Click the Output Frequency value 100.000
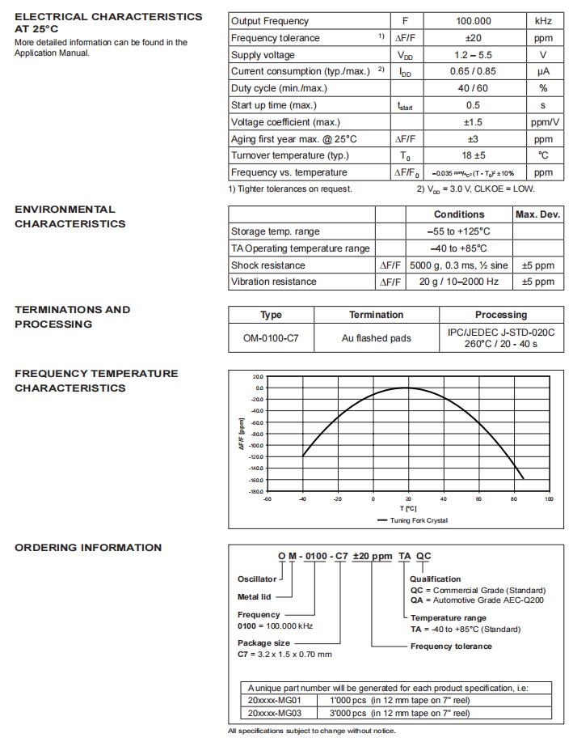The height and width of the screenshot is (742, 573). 473,21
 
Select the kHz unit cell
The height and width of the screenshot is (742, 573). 542,21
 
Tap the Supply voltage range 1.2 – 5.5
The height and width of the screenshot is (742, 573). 473,55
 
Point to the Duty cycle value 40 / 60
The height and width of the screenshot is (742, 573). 473,88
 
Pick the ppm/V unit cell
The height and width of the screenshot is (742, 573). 542,122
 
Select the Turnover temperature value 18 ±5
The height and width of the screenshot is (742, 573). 473,155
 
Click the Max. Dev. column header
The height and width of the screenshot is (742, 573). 537,214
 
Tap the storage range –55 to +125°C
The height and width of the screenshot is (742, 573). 459,231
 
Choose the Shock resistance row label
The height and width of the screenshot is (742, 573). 268,265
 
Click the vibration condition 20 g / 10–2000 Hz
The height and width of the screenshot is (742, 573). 459,282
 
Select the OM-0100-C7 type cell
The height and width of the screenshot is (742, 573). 271,338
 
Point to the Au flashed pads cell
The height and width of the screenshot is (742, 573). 376,338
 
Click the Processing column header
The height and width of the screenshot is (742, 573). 500,315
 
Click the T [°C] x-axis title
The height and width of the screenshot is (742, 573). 407,509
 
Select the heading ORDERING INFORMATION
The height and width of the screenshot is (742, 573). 88,548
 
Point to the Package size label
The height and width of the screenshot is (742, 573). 263,643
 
